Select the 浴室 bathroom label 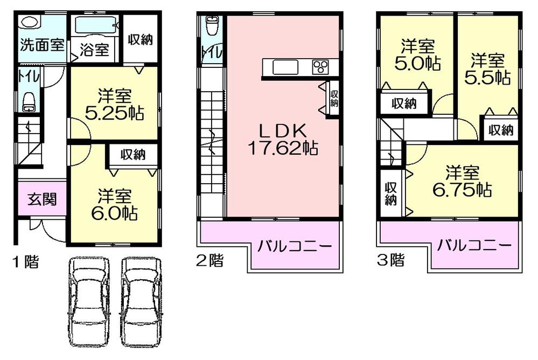pos(95,50)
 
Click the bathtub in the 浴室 pos(95,26)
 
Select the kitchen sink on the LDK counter pos(284,67)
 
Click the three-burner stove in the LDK pos(322,67)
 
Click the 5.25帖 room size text pos(114,114)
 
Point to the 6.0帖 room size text pos(115,212)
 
